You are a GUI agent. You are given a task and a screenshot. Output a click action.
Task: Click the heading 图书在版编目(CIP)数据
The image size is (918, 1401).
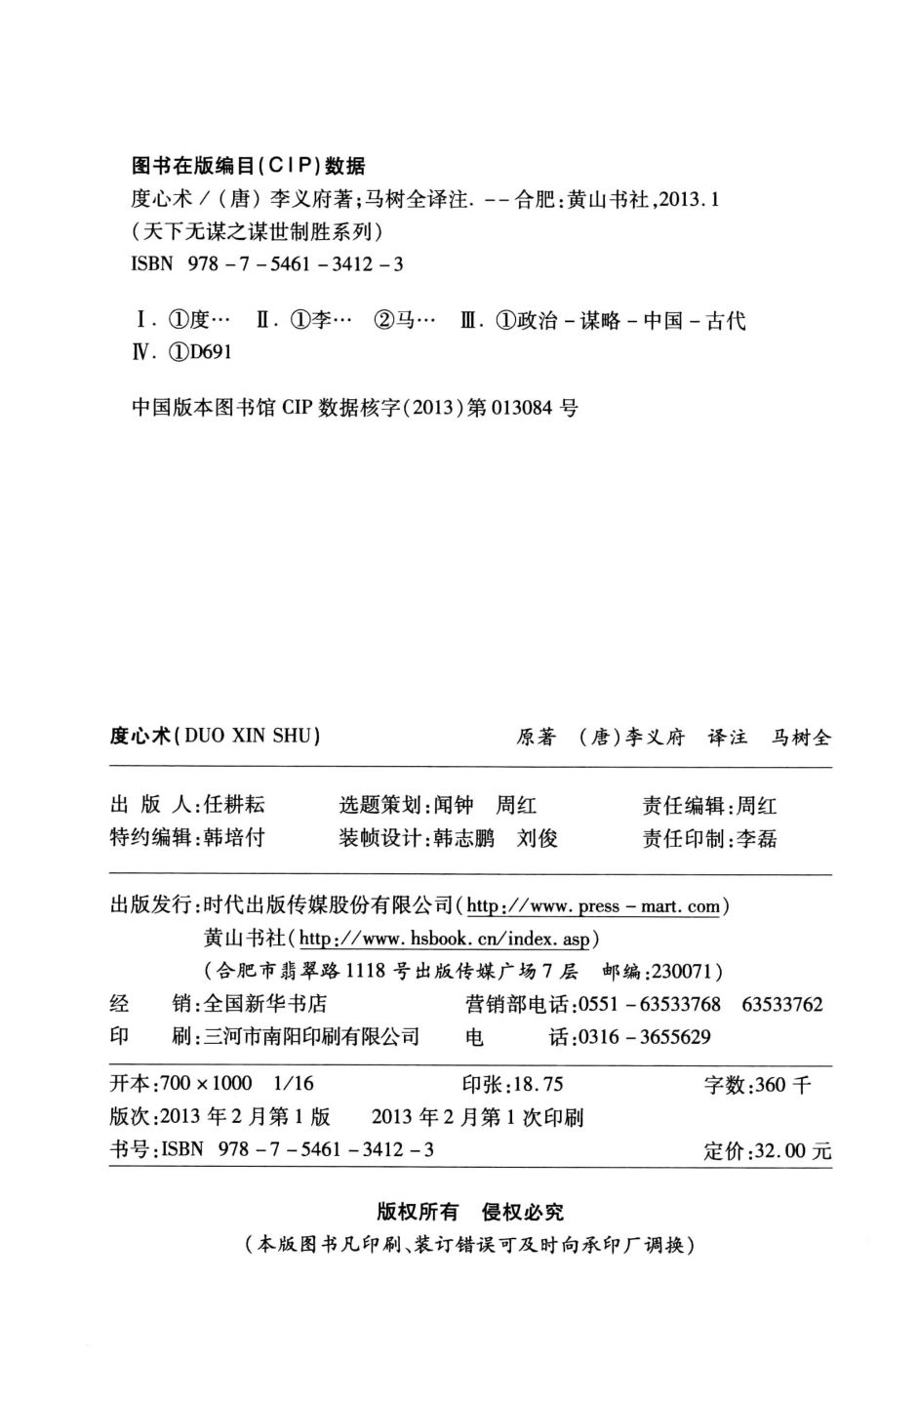click(248, 165)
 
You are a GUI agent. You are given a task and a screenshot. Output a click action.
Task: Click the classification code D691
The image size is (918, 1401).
click(210, 352)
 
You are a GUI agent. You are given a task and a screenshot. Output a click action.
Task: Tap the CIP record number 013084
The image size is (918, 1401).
click(527, 408)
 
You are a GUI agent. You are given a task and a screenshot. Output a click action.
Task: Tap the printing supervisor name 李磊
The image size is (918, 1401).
click(756, 838)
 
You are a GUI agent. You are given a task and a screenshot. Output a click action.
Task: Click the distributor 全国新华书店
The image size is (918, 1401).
click(261, 1004)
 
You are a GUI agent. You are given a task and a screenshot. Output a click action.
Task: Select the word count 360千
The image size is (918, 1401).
click(780, 1085)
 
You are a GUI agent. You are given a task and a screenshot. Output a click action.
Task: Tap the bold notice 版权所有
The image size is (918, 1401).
click(417, 1212)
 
